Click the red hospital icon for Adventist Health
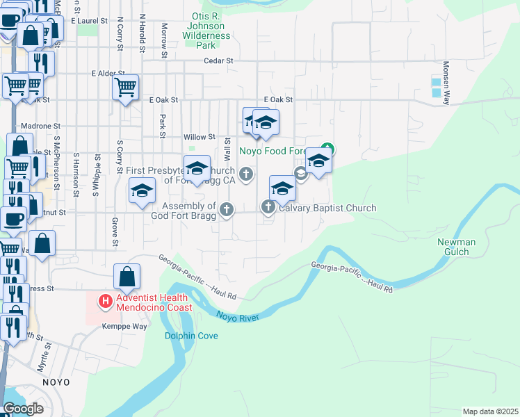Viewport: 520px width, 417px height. tap(105, 301)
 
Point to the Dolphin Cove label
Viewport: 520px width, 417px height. tap(191, 336)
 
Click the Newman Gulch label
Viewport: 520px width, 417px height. tap(457, 247)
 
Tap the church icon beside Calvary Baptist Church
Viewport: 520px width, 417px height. tap(268, 207)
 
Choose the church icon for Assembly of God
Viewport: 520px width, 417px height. tap(226, 209)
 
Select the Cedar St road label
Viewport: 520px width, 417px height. tap(218, 61)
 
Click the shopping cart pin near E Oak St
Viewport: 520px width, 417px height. tap(125, 88)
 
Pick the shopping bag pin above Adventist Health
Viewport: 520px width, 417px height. tap(127, 277)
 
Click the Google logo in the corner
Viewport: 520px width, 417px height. tap(23, 409)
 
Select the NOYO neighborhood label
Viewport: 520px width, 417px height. tap(56, 382)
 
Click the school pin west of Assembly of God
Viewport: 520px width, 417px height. tap(142, 191)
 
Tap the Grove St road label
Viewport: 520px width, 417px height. tap(113, 232)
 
